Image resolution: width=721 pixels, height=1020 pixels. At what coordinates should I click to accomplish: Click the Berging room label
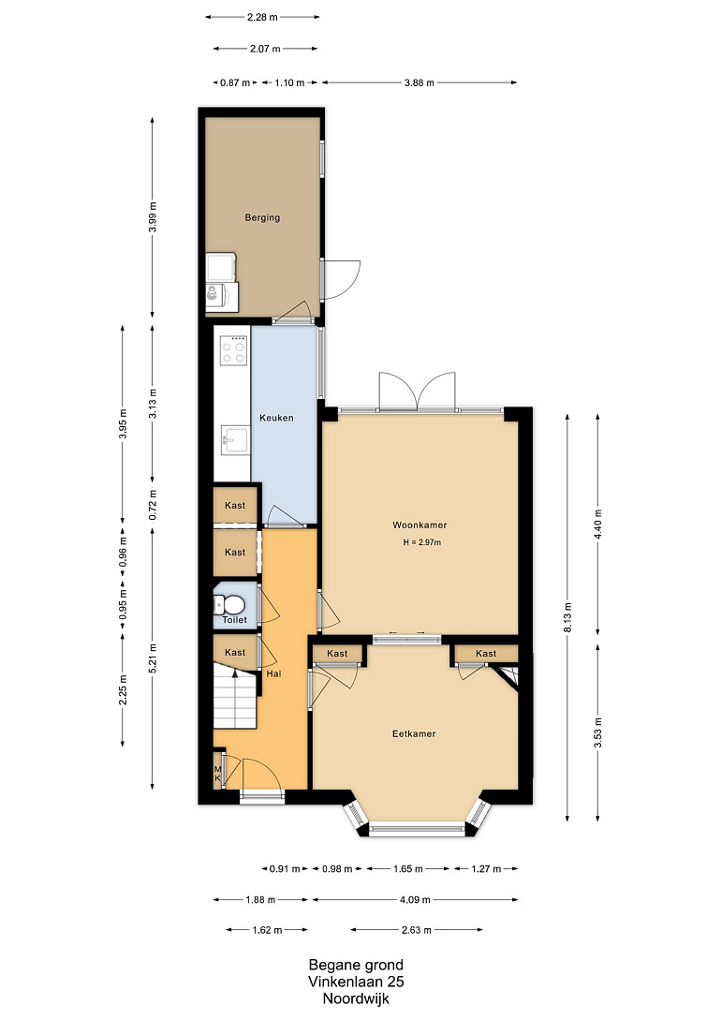coord(262,217)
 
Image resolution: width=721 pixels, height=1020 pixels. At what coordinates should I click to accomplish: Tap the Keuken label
coord(276,418)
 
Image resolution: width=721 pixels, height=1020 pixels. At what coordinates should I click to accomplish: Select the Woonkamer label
coord(419,525)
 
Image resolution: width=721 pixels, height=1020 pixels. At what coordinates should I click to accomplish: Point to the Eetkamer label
coord(414,733)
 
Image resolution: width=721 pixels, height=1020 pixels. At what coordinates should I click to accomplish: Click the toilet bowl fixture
coord(228,606)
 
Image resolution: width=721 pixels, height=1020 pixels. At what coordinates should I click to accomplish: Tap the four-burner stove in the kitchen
coord(234,350)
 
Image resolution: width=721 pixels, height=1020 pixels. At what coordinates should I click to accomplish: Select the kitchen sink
coord(235,440)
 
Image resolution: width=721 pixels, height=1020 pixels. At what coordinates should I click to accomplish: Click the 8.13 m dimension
coord(567,618)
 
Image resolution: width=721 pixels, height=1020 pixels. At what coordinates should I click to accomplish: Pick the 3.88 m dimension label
coord(419,82)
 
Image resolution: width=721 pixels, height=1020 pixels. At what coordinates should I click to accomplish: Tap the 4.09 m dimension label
coord(415,900)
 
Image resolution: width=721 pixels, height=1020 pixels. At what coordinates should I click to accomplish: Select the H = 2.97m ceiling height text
coord(422,542)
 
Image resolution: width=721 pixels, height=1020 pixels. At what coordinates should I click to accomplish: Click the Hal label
coord(273,674)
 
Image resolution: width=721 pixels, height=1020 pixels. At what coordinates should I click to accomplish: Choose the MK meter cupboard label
coord(218,774)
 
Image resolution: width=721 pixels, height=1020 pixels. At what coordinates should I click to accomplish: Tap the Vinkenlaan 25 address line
coord(356,982)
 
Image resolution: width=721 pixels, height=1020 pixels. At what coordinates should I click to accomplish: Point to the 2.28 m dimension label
coord(263,18)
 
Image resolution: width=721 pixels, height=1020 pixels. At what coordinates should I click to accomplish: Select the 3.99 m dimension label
coord(153,217)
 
